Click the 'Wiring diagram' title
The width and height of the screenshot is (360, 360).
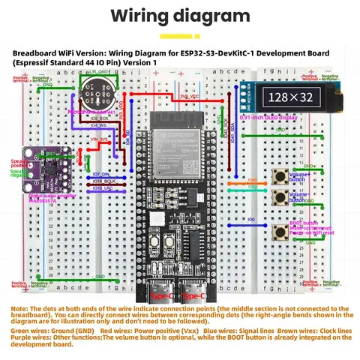click(x=180, y=16)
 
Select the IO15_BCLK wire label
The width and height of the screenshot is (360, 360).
click(x=103, y=182)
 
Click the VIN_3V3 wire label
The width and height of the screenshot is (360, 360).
click(x=100, y=139)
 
